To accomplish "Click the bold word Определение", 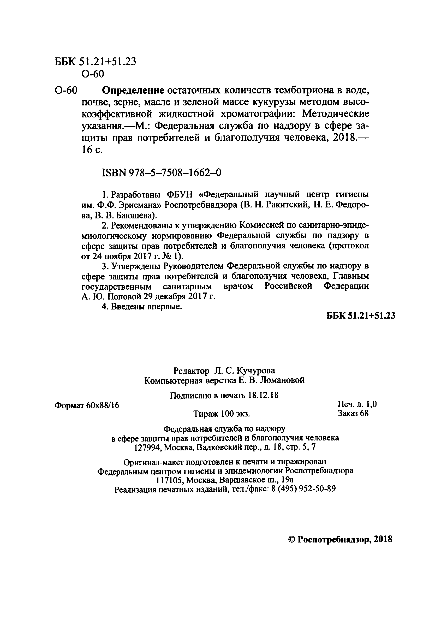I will point(133,90).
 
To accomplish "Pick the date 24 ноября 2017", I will point(119,256).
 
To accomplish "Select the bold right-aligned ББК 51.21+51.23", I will point(361,316).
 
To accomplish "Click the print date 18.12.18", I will point(263,396).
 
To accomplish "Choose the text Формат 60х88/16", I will point(87,405).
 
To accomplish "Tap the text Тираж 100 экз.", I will point(222,414).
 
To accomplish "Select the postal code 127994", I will point(147,448).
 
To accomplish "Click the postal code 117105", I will point(170,480).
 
